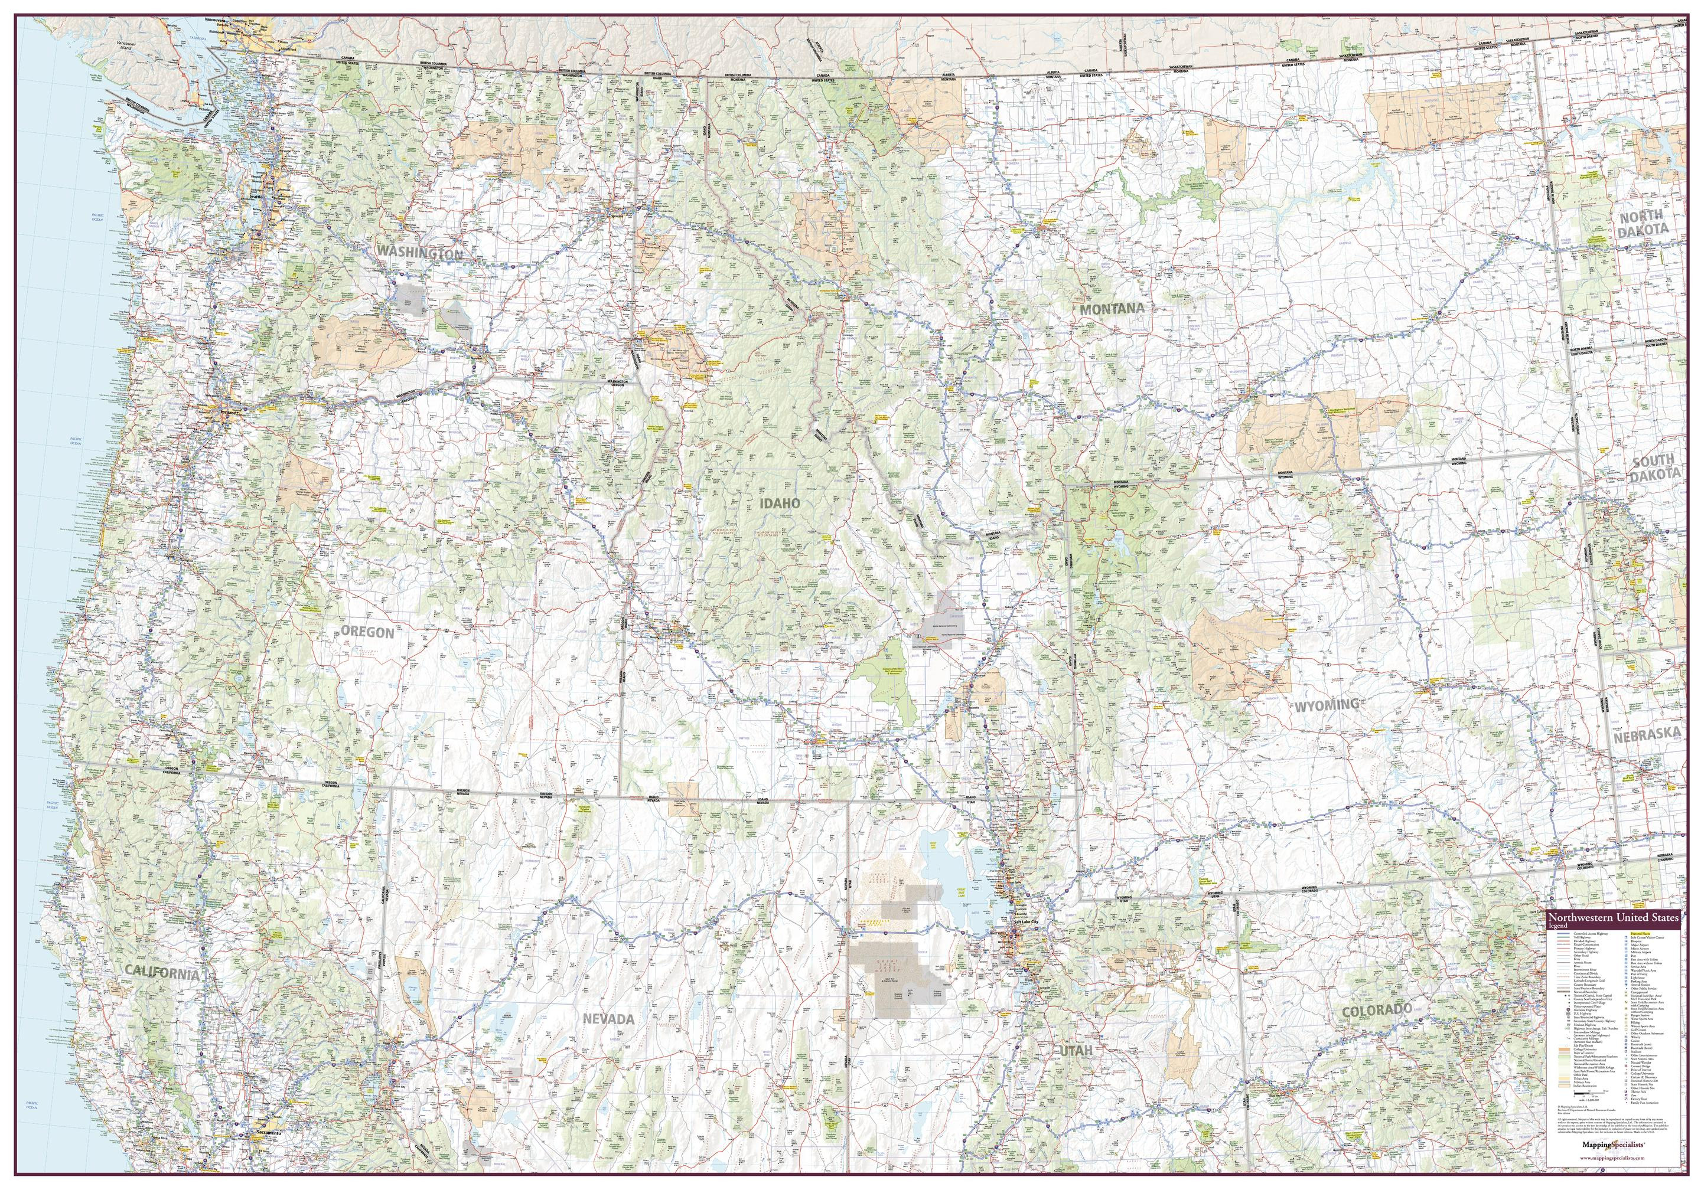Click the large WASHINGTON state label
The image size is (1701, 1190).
(420, 254)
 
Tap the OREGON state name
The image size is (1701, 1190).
(366, 632)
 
